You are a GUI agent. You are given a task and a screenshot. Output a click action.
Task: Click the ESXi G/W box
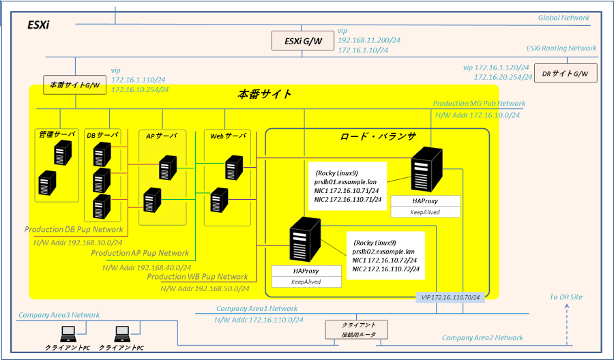coord(303,41)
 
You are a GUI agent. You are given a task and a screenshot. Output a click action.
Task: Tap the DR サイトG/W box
coord(566,73)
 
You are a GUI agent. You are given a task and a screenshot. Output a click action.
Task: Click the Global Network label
coord(564,18)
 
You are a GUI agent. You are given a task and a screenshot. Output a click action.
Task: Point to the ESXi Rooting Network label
coord(561,48)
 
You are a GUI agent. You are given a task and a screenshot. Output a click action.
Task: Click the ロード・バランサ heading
coord(378,136)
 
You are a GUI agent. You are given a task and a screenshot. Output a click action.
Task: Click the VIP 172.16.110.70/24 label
coord(450,297)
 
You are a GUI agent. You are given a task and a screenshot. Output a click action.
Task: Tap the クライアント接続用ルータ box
coord(357,329)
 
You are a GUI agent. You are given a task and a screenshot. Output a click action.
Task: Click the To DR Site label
coord(566,297)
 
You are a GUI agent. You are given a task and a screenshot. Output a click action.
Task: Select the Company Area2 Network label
coord(482,337)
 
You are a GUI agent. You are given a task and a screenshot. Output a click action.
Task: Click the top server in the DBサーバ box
coord(102,155)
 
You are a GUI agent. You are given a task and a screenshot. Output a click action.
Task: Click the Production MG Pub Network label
coord(479,104)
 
